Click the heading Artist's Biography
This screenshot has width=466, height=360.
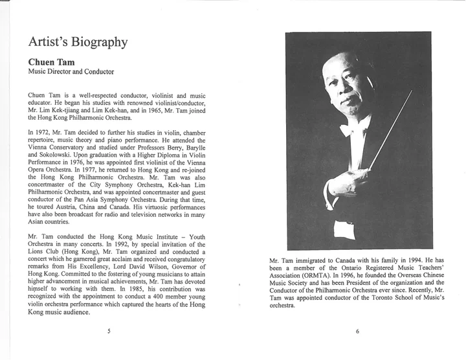pyautogui.click(x=78, y=43)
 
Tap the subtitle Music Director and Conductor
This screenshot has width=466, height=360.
pyautogui.click(x=71, y=72)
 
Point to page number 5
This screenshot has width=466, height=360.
pyautogui.click(x=109, y=331)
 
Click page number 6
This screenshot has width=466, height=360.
pyautogui.click(x=357, y=331)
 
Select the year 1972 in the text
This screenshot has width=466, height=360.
pyautogui.click(x=47, y=132)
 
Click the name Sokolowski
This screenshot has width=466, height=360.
pyautogui.click(x=62, y=157)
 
